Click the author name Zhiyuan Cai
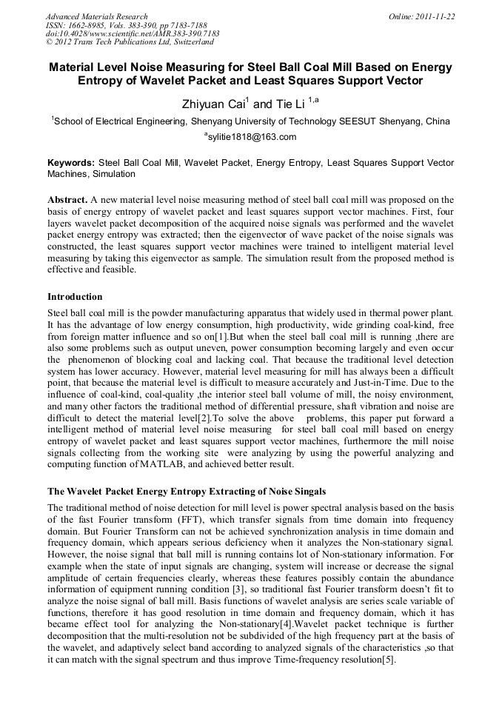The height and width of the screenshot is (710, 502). [212, 104]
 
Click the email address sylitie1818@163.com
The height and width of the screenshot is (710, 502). [252, 137]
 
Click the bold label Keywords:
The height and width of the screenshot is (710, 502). [71, 162]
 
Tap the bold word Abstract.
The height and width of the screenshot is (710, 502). [68, 201]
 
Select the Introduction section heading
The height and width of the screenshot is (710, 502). [75, 297]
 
